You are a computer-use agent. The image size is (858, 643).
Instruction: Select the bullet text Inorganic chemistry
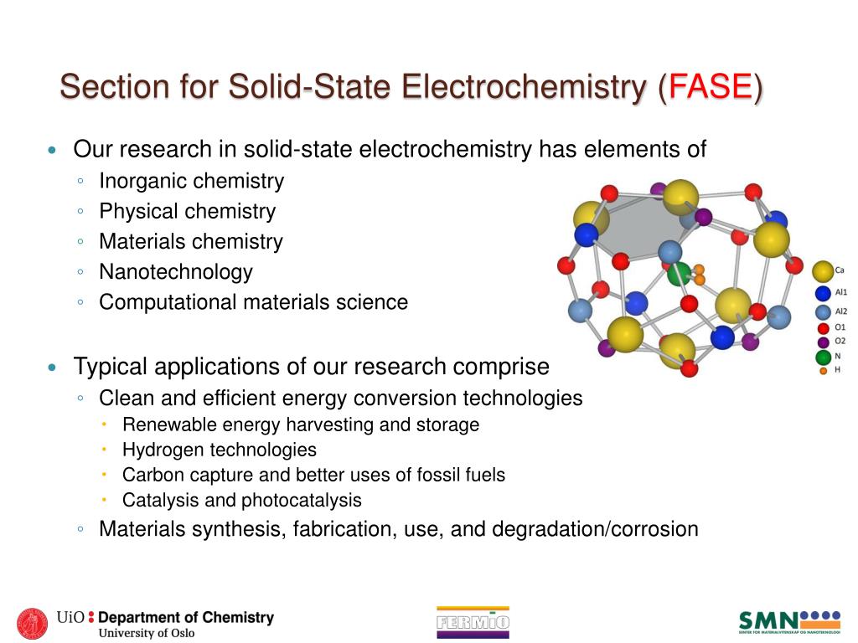tap(191, 181)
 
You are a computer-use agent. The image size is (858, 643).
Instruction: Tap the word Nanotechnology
tap(175, 272)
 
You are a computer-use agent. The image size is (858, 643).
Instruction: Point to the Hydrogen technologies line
tap(219, 450)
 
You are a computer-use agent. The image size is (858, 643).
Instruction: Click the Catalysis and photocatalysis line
tap(241, 501)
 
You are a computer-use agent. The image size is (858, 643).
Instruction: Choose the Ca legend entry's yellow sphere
tap(823, 270)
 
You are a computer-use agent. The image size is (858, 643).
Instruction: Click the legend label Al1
tap(840, 293)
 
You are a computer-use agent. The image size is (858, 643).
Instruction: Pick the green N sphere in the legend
tap(823, 358)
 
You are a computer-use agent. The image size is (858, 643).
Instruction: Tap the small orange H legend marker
tap(823, 370)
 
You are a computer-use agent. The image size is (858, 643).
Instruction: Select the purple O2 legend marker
tap(823, 342)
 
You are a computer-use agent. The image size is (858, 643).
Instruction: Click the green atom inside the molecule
tap(680, 273)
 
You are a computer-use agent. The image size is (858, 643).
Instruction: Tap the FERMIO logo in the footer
tap(473, 622)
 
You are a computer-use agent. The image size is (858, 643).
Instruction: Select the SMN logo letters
tap(768, 622)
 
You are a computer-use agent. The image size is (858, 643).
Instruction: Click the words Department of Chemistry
tap(186, 618)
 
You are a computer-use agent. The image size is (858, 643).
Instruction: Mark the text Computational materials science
tap(253, 302)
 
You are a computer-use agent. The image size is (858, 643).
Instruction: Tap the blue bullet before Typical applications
tap(53, 368)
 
